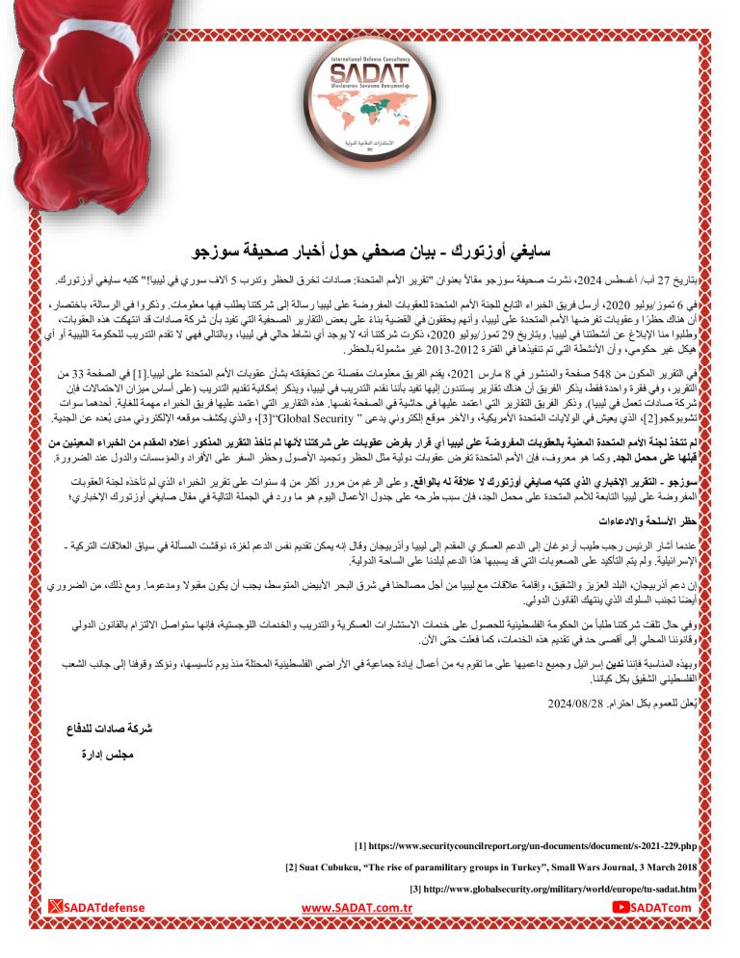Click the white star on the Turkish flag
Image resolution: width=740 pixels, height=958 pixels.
[x=85, y=104]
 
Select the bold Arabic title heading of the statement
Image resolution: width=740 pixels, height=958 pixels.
[x=370, y=253]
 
